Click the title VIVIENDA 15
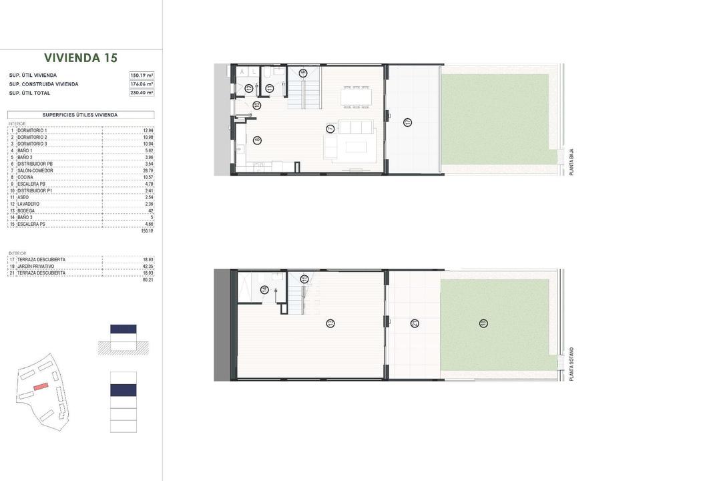coord(80,58)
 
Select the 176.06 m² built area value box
coord(142,84)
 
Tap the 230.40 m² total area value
coord(142,93)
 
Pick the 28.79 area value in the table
coord(149,170)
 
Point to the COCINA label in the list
coord(26,177)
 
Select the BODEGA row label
coord(27,210)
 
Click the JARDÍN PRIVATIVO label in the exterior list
coord(36,266)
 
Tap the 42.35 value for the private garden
coord(148,266)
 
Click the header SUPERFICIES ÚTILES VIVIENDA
coord(80,115)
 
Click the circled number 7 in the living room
coord(330,128)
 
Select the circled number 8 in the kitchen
coord(258,140)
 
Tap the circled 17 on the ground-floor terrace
coord(407,122)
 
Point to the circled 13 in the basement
coord(330,323)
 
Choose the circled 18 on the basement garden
coord(483,323)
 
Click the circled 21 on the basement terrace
coord(415,323)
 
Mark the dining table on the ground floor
coord(356,96)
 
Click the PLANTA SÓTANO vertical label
coord(571,364)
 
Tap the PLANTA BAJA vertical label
coord(571,162)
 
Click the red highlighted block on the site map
coord(41,386)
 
